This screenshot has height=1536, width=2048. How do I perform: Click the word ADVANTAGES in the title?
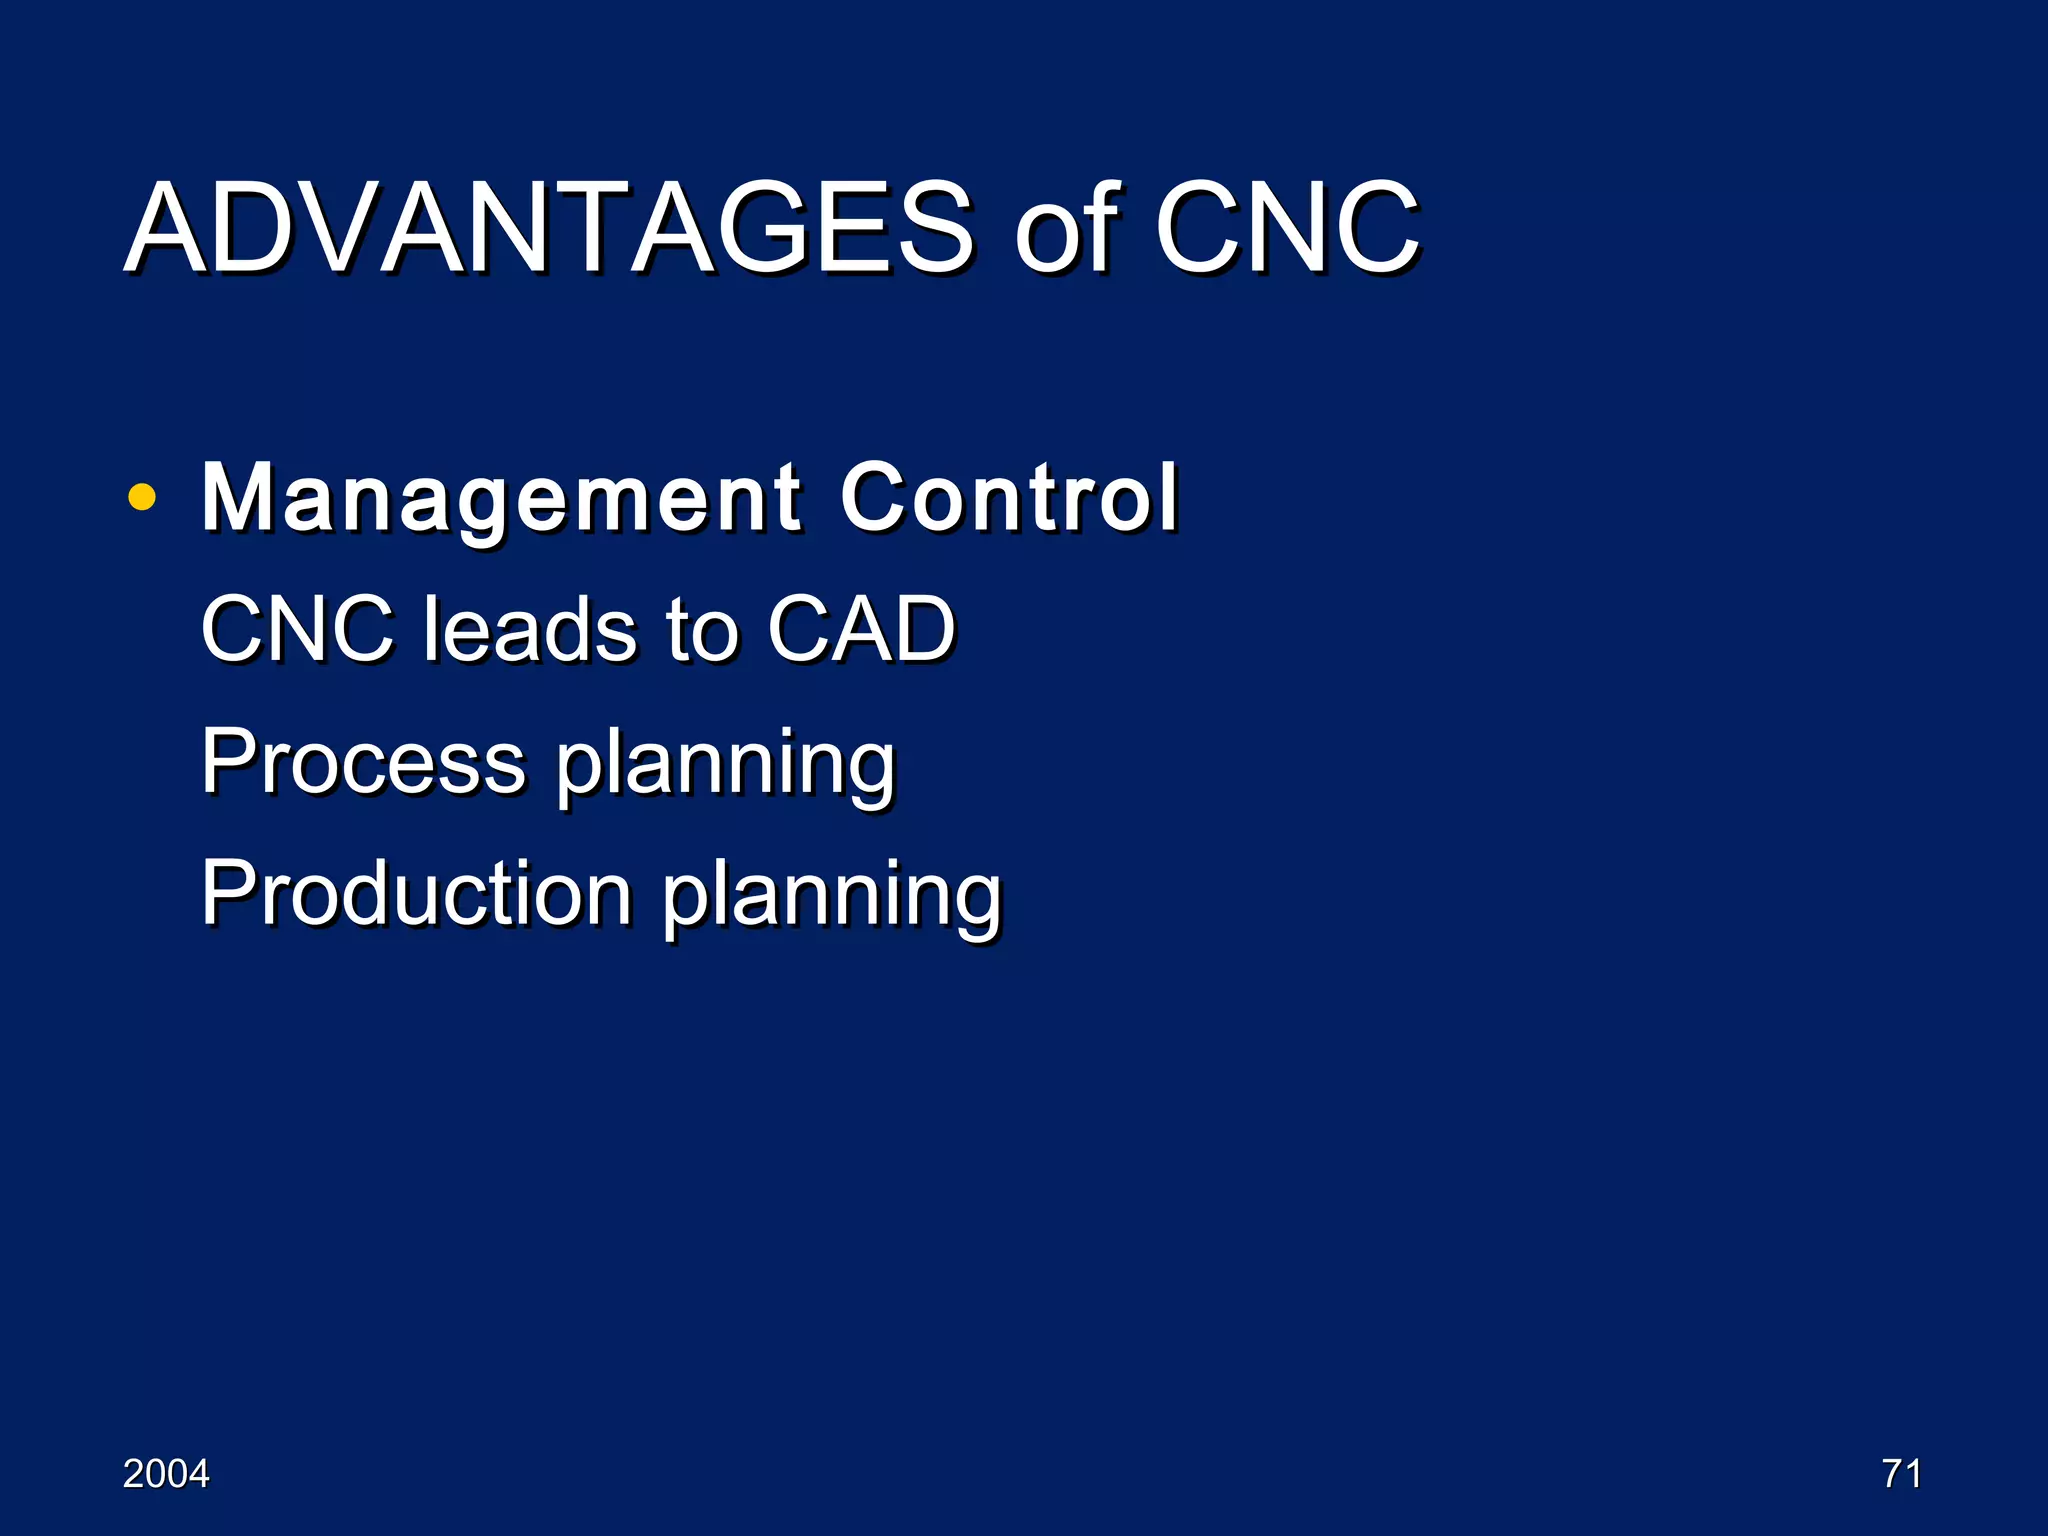(x=548, y=228)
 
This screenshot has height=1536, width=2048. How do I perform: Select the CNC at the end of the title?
(x=1286, y=228)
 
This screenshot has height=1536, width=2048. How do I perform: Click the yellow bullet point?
(x=142, y=497)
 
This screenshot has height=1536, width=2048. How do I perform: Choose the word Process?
(x=363, y=762)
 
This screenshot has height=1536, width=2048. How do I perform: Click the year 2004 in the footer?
(x=166, y=1474)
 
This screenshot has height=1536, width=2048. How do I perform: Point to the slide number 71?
(x=1901, y=1474)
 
